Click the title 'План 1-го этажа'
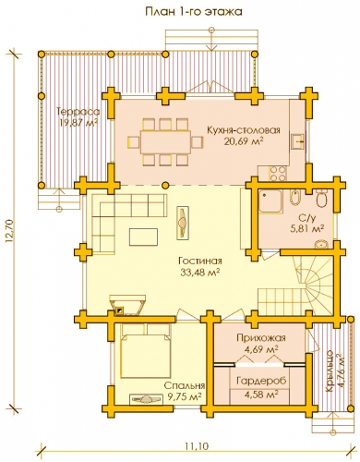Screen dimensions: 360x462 tap(194, 12)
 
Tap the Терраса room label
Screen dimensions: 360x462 tap(78, 111)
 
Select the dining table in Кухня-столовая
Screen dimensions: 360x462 tap(165, 142)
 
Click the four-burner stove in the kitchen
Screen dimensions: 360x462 tap(278, 173)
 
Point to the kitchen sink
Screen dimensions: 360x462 tap(297, 141)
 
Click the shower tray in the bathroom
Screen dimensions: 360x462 tap(270, 201)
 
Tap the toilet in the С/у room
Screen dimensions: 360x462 tap(322, 200)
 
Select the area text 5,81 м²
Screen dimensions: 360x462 tap(307, 228)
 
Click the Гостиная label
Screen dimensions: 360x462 tap(200, 261)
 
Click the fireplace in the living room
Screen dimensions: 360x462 tap(127, 304)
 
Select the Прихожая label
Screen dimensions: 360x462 tap(261, 338)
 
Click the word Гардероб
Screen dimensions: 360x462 tap(261, 381)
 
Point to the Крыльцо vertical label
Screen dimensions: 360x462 tap(330, 371)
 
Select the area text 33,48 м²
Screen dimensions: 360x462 tap(200, 273)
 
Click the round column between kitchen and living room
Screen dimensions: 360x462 tap(165, 185)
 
